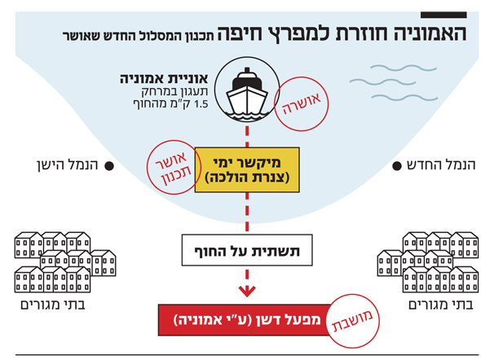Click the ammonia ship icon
coord(247,90)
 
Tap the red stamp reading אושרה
coord(302,103)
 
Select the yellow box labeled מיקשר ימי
coord(247,169)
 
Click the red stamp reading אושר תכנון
coord(174,167)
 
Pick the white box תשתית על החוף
coord(247,250)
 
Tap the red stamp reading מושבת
coord(353,321)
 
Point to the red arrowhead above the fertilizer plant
coord(247,291)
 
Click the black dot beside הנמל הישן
coord(109,166)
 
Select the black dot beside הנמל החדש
coord(397,166)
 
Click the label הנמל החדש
coord(441,165)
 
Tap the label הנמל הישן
coord(68,165)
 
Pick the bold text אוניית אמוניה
coord(164,79)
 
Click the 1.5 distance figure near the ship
coord(201,104)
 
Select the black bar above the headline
coord(443,15)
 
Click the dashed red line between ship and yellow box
coord(247,135)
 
